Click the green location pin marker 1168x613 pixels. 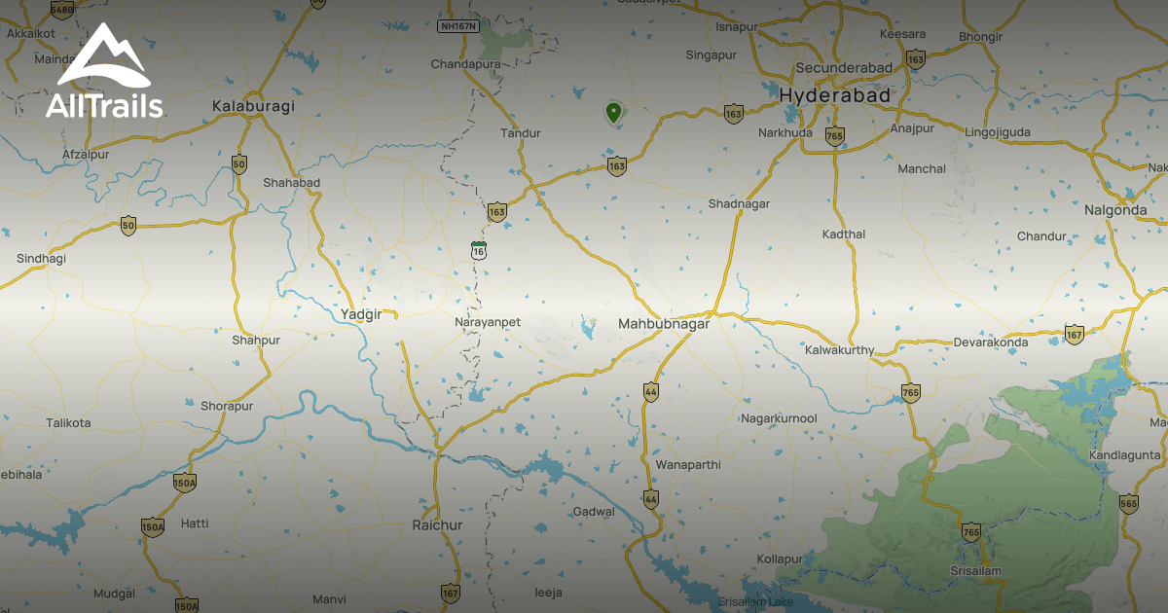(613, 112)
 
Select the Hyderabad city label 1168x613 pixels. (835, 96)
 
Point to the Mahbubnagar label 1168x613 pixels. (664, 324)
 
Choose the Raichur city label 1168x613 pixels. (437, 525)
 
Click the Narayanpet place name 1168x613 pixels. (488, 321)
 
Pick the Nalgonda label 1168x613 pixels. (1115, 210)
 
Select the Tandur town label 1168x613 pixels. (520, 133)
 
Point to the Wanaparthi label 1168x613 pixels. (688, 465)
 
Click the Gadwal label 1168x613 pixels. (595, 512)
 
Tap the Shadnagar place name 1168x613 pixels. (739, 203)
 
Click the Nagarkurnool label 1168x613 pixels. (779, 418)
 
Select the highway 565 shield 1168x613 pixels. (1128, 503)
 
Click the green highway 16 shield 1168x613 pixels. (478, 250)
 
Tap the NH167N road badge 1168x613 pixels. (458, 26)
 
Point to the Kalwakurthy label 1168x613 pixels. (840, 350)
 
